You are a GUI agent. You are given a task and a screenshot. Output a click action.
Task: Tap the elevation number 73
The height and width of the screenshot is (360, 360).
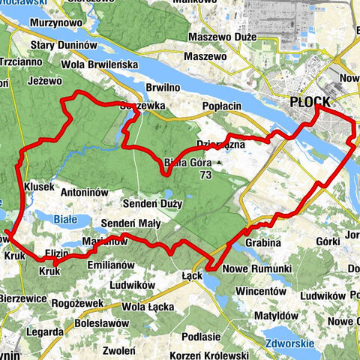coord(205,174)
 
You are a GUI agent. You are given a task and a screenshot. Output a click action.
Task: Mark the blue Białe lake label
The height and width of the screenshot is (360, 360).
coord(65,217)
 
